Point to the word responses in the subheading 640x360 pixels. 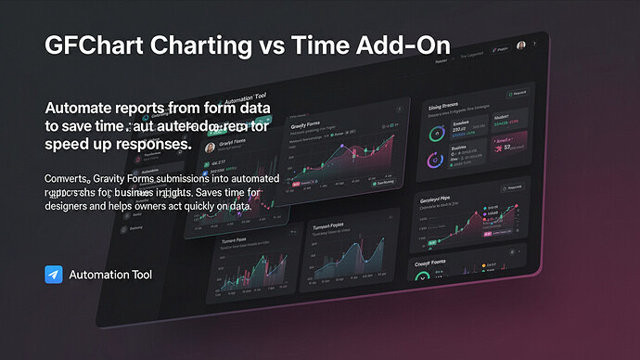click(149, 145)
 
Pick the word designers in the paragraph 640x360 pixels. click(75, 205)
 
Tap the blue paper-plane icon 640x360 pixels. click(53, 275)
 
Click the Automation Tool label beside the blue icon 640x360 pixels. click(110, 275)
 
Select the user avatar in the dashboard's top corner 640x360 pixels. click(520, 46)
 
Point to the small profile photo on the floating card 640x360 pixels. click(210, 147)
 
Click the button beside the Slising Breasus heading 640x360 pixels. click(517, 94)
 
